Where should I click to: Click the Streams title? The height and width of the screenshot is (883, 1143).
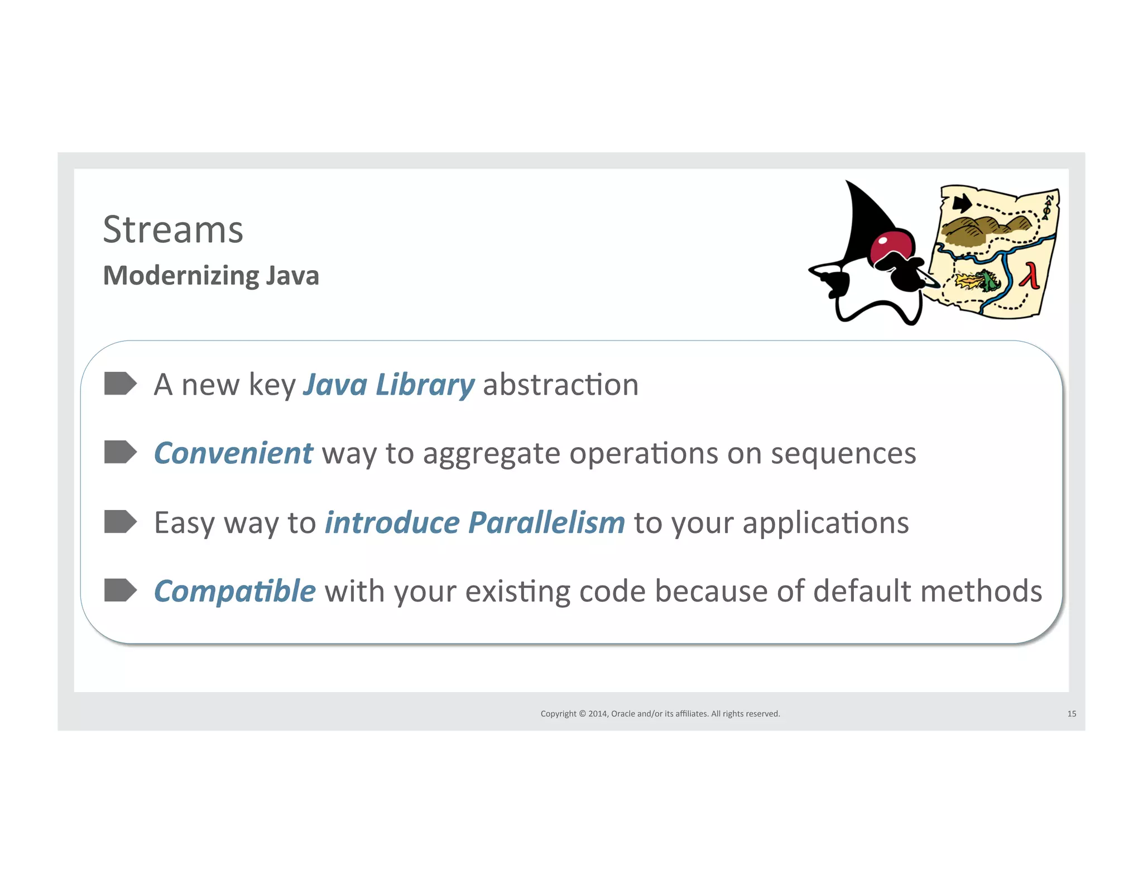(173, 229)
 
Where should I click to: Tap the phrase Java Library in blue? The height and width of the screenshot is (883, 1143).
(388, 385)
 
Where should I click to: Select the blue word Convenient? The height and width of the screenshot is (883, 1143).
(233, 453)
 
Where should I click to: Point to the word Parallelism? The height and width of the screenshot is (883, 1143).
(546, 523)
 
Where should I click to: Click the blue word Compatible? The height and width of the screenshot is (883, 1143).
(235, 591)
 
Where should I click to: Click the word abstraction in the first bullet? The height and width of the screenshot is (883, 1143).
(560, 385)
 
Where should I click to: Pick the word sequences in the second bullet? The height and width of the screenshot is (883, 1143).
(843, 453)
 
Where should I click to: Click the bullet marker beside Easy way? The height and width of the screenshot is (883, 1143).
(120, 521)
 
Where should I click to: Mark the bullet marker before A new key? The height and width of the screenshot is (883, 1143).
(120, 383)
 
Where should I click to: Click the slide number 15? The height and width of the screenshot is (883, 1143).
(1071, 714)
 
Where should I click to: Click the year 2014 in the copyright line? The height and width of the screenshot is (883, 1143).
(597, 714)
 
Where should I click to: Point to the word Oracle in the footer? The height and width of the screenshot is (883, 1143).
(623, 714)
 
